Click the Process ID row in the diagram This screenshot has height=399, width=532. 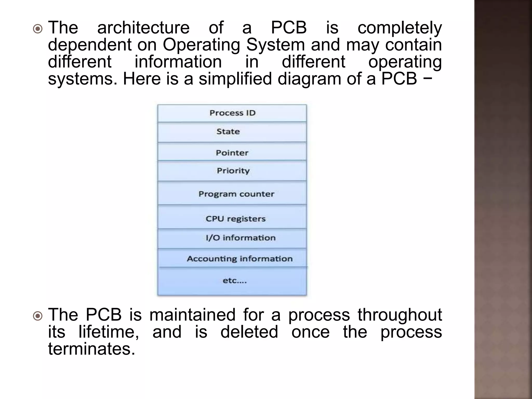(232, 113)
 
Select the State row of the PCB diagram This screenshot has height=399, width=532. (228, 132)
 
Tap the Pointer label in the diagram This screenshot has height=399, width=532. (232, 153)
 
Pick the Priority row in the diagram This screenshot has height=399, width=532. (233, 171)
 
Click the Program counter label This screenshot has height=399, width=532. (236, 194)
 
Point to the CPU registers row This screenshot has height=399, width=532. (236, 219)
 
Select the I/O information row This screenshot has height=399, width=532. (240, 238)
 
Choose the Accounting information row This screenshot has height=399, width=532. (240, 259)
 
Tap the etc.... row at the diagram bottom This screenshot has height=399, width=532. (235, 281)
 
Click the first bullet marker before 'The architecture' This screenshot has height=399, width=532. (38, 29)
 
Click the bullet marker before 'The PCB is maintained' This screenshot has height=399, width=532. (38, 316)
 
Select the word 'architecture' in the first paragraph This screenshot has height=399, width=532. (143, 28)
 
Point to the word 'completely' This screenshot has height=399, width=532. (400, 28)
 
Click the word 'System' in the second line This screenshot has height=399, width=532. (275, 45)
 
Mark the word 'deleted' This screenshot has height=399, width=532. (249, 332)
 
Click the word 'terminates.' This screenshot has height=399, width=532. (92, 349)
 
